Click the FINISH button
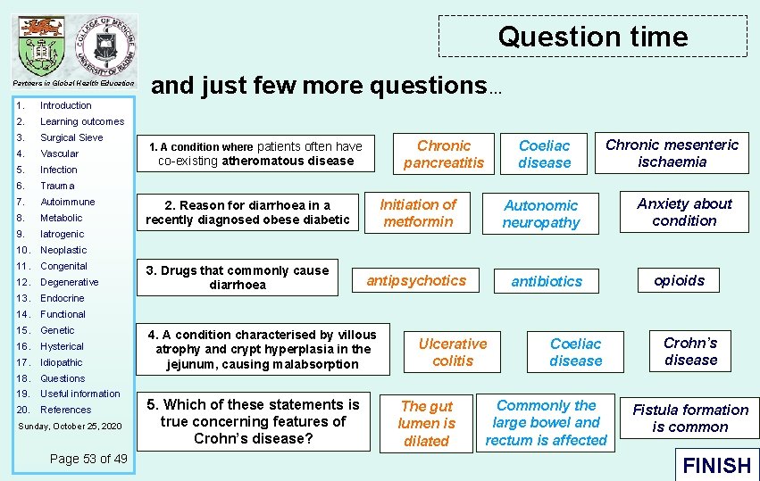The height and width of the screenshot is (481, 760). (x=716, y=465)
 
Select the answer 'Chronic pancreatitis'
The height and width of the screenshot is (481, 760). (x=444, y=153)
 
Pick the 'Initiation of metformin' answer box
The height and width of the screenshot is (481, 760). (x=418, y=213)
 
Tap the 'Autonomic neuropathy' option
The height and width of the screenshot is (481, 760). (x=541, y=214)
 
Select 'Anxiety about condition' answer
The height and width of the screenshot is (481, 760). (x=684, y=212)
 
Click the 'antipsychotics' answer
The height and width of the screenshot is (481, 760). (x=416, y=280)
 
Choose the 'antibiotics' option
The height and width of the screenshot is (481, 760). (x=547, y=281)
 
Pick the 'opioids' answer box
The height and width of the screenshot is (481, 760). (x=680, y=280)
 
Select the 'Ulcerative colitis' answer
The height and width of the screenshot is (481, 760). (x=453, y=352)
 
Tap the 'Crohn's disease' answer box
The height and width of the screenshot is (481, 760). (x=690, y=351)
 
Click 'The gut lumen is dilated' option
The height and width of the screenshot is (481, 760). (x=427, y=423)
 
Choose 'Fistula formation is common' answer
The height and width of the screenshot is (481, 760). (x=690, y=418)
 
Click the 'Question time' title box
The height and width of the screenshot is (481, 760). (x=593, y=37)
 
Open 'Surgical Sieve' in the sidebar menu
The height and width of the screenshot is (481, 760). (x=71, y=137)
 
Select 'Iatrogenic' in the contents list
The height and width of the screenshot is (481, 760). (x=63, y=234)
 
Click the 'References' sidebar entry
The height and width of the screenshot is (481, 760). (x=65, y=410)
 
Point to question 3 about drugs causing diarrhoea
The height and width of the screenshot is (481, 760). (x=238, y=278)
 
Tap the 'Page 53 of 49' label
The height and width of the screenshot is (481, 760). (x=88, y=458)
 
